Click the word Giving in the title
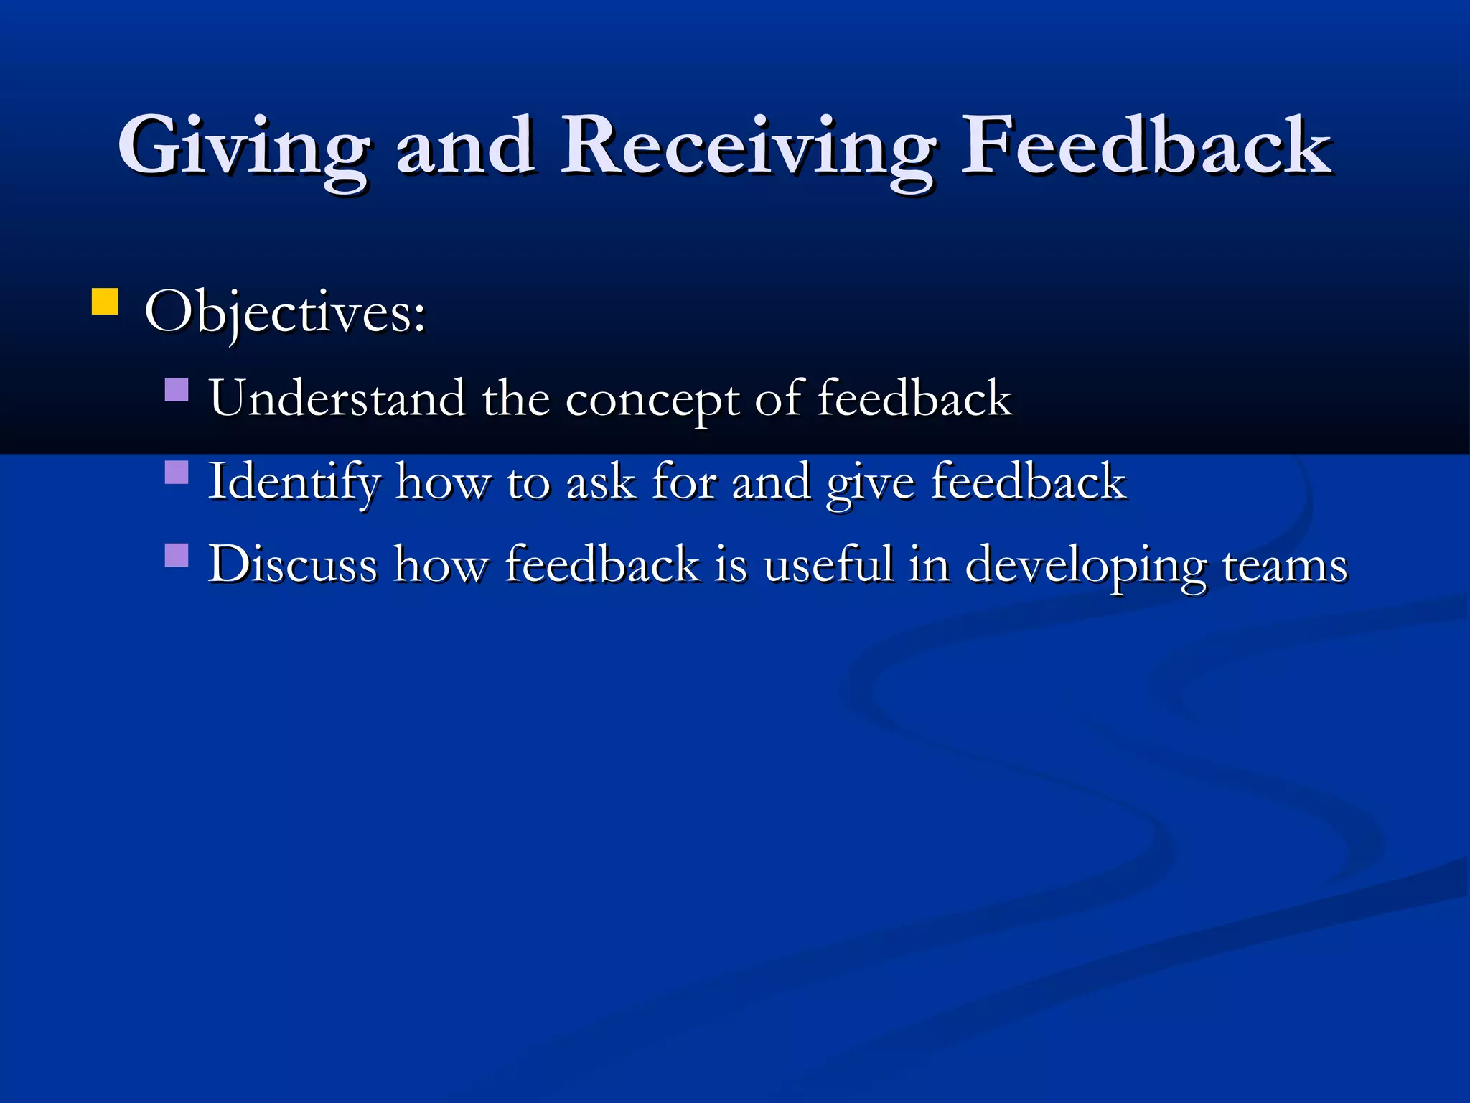click(244, 147)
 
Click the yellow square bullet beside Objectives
click(105, 302)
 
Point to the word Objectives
click(285, 313)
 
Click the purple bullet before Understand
click(177, 390)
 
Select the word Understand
click(337, 398)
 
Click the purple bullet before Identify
click(177, 473)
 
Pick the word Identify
click(294, 482)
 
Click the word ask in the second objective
click(601, 481)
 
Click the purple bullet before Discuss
click(177, 555)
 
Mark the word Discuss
click(293, 564)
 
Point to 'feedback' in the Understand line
click(914, 398)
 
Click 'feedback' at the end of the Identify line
click(1028, 481)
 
